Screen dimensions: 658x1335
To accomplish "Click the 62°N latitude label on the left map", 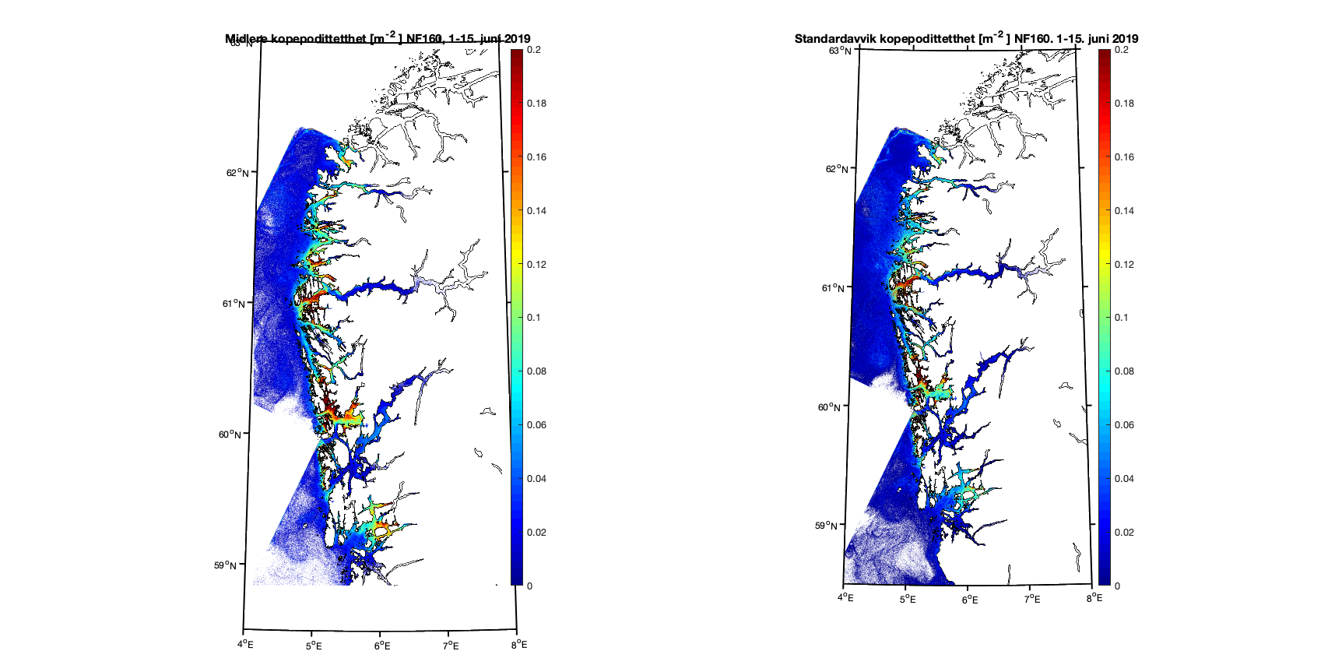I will click(x=237, y=173).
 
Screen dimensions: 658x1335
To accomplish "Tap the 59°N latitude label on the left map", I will click(x=225, y=565).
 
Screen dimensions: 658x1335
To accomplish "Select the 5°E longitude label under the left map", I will click(x=314, y=646).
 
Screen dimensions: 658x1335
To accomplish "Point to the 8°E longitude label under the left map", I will click(x=519, y=645).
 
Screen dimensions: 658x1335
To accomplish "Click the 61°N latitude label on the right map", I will click(x=833, y=288).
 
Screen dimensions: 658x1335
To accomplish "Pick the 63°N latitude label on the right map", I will click(x=839, y=51).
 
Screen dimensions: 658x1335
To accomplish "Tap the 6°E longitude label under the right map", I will click(x=970, y=599).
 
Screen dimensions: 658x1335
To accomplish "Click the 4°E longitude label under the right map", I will click(x=845, y=598).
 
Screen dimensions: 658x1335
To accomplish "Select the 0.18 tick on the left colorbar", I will click(x=536, y=104).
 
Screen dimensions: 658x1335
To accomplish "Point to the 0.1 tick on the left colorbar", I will click(x=533, y=318).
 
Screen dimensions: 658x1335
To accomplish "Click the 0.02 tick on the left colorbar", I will click(x=536, y=533).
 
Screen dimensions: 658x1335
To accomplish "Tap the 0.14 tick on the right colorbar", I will click(x=1124, y=211).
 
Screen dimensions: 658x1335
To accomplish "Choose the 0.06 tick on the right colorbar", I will click(x=1124, y=425).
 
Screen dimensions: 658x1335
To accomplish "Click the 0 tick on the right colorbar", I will click(x=1117, y=586).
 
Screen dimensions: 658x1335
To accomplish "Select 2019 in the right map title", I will click(x=1125, y=39).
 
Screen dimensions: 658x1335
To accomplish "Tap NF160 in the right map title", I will click(x=1031, y=39).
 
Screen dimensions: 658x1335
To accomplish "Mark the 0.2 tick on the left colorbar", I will click(x=533, y=50).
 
